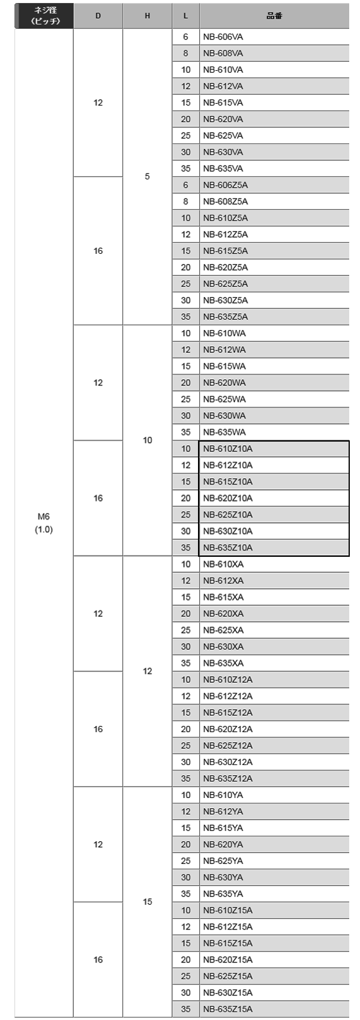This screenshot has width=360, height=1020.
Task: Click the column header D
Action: tap(98, 16)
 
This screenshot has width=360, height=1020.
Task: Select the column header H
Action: tap(147, 16)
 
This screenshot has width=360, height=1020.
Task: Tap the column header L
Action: tap(185, 16)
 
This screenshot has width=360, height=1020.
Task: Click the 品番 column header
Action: tap(274, 16)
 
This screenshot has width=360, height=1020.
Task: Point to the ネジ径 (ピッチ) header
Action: tap(45, 16)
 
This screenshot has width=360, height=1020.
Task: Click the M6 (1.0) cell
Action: tap(44, 523)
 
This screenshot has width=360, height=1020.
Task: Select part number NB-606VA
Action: tap(223, 37)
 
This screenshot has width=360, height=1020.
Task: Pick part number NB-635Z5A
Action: tap(225, 317)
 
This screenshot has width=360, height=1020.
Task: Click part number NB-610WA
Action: tap(224, 334)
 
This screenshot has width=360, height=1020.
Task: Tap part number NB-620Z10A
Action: tap(227, 498)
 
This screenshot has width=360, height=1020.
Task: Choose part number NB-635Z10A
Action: tap(227, 548)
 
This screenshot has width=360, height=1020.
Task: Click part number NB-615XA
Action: tap(223, 597)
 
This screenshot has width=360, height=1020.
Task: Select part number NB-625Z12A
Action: tap(227, 745)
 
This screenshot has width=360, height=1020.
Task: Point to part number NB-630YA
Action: tap(223, 877)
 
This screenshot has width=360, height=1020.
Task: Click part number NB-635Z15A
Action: tap(227, 1009)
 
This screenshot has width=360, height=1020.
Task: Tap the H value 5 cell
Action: tap(147, 176)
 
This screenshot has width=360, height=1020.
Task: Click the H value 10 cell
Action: tap(148, 440)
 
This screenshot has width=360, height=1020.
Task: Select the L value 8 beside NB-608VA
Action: tap(185, 53)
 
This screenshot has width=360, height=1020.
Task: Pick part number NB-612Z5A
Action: tap(225, 235)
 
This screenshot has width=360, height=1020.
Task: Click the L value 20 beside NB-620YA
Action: tap(185, 844)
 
